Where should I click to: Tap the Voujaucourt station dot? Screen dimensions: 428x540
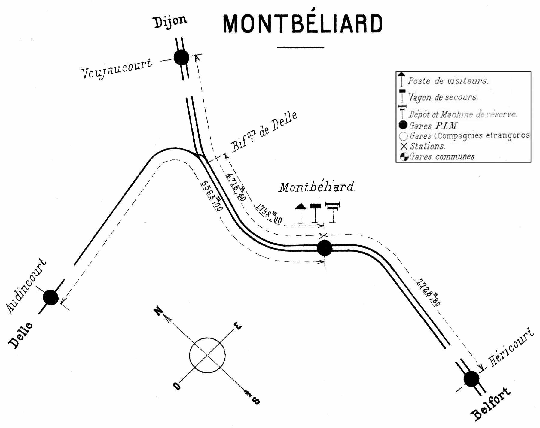tap(182, 57)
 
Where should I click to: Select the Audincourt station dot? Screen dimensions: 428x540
tap(50, 297)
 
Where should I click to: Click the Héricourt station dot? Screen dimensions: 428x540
tap(471, 379)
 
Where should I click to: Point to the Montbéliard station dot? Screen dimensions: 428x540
tap(325, 248)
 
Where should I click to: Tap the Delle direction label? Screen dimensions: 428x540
tap(20, 335)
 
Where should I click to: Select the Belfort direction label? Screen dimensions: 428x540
tap(491, 404)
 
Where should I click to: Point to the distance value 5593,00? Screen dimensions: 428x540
tap(211, 196)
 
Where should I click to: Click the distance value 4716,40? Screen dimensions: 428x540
tap(236, 187)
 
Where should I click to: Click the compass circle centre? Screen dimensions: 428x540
tap(207, 355)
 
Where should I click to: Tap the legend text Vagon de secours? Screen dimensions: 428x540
tap(442, 97)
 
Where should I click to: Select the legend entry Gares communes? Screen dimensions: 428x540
tap(441, 156)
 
